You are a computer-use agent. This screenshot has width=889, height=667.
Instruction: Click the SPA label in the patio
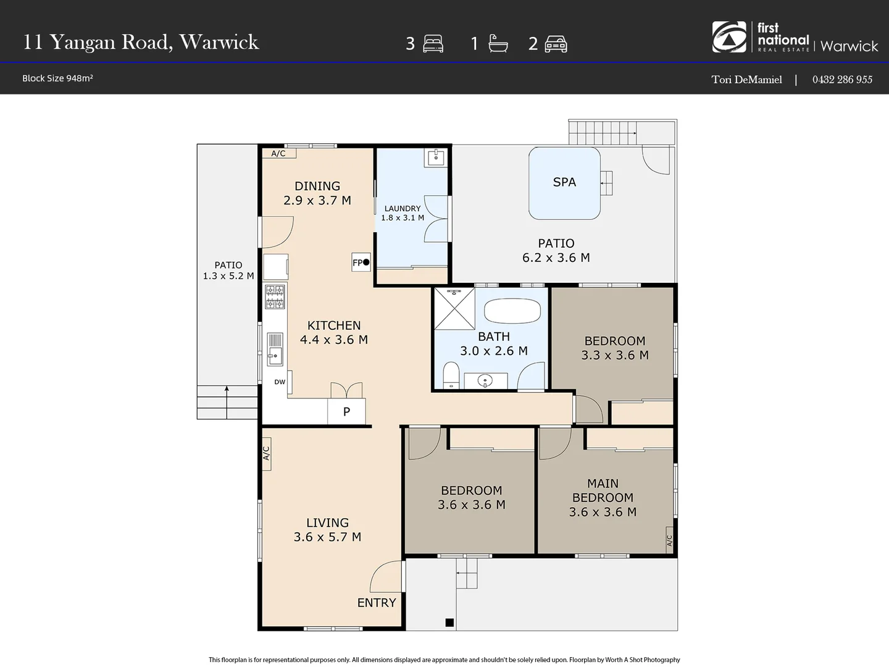click(x=564, y=182)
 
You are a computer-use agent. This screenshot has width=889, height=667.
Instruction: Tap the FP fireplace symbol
click(x=361, y=262)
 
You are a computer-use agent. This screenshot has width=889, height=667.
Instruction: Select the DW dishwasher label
click(x=280, y=382)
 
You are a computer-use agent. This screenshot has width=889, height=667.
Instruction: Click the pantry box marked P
click(x=346, y=411)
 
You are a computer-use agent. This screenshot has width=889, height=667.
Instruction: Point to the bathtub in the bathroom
click(x=512, y=311)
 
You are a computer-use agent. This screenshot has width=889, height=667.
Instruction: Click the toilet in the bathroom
click(x=451, y=375)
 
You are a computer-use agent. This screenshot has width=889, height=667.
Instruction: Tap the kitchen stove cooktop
click(x=275, y=296)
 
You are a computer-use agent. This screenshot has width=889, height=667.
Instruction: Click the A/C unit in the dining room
click(x=278, y=153)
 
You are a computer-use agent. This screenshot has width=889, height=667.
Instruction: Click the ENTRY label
click(x=377, y=603)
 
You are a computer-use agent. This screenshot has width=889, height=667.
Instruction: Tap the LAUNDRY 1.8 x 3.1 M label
click(x=403, y=213)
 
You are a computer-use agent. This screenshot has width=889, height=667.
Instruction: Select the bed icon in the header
click(x=433, y=44)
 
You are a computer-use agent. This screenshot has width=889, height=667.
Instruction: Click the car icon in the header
click(x=556, y=44)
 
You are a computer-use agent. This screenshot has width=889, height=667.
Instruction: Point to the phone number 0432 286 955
click(x=842, y=79)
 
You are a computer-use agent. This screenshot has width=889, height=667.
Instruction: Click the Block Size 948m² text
click(x=57, y=78)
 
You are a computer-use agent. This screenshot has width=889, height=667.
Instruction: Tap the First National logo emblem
click(x=729, y=37)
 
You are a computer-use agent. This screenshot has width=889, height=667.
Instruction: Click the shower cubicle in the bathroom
click(x=454, y=308)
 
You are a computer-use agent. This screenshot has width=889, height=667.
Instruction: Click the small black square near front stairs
click(x=449, y=623)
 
